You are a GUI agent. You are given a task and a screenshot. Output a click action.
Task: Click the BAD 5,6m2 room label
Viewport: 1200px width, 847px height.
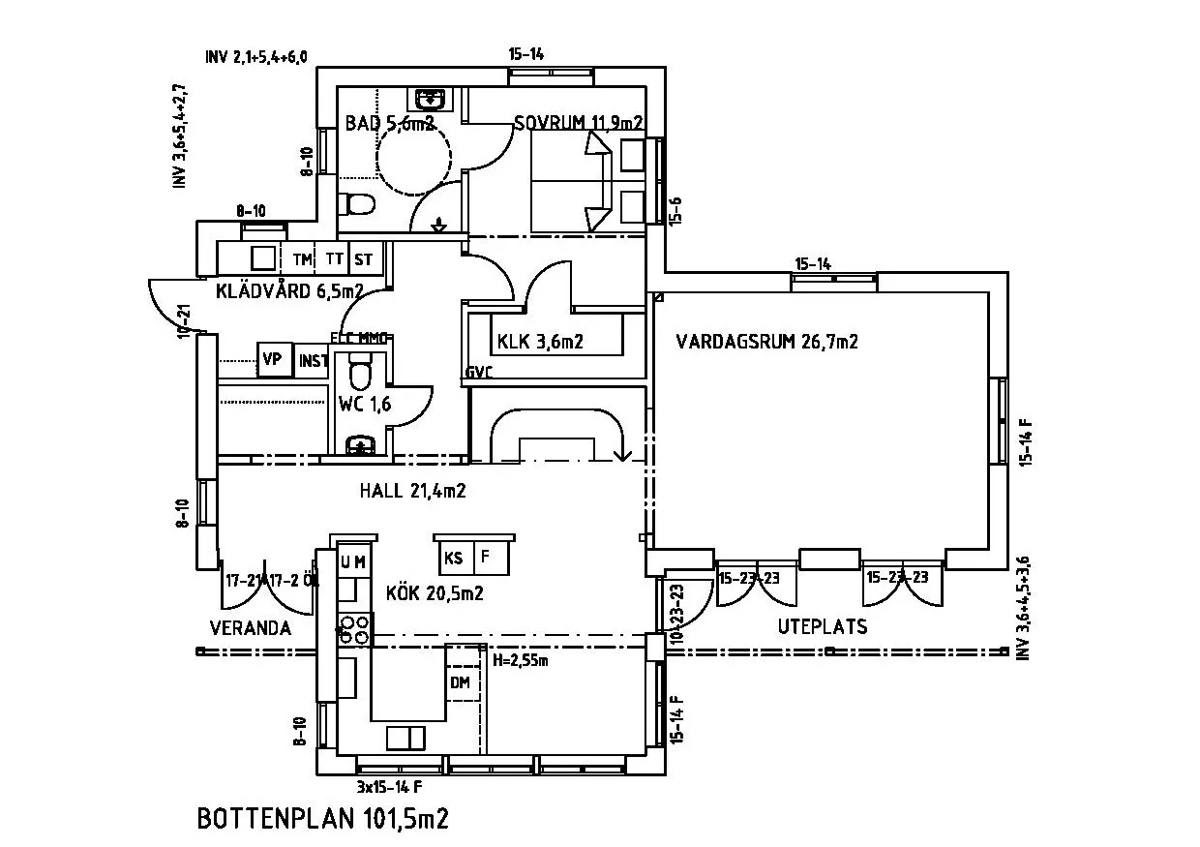390,123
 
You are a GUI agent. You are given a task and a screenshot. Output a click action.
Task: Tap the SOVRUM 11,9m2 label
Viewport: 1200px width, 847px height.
579,123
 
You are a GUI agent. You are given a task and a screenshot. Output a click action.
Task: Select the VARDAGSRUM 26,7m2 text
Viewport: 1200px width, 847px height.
767,341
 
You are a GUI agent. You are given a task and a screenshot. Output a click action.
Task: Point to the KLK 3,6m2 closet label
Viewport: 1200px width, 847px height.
540,341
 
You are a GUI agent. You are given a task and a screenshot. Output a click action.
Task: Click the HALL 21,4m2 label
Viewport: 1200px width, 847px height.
413,491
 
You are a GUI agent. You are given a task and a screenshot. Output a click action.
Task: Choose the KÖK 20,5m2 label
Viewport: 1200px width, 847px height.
435,593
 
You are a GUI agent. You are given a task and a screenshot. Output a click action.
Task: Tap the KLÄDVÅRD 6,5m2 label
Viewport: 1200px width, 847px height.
289,289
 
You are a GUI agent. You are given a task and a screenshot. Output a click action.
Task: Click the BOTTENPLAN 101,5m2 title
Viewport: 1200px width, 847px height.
323,819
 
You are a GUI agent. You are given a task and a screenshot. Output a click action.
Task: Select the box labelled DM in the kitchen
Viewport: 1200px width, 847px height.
461,683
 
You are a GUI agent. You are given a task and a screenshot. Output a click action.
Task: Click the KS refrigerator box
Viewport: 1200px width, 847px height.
453,557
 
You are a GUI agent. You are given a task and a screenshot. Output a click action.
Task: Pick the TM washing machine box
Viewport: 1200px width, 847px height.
302,259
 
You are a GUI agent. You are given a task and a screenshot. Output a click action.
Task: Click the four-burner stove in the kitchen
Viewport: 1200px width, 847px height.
354,630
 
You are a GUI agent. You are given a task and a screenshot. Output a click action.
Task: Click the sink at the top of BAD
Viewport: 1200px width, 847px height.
429,99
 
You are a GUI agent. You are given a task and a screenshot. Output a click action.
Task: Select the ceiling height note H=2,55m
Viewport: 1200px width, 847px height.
521,661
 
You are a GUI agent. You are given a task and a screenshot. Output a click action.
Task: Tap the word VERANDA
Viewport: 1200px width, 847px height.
251,628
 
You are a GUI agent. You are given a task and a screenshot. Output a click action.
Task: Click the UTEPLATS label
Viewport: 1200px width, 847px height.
823,626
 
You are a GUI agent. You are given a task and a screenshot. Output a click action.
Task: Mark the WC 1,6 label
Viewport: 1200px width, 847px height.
365,405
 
